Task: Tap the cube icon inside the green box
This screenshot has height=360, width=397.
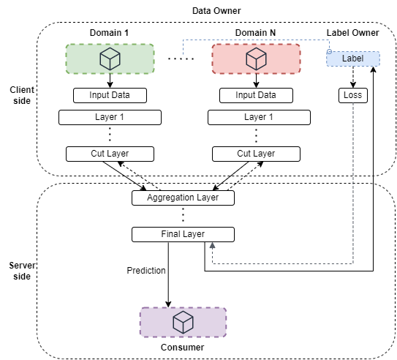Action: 110,59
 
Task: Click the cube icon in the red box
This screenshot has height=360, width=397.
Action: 256,59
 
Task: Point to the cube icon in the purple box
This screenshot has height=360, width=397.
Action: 183,322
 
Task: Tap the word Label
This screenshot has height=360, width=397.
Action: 352,59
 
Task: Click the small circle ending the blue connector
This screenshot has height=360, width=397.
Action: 329,51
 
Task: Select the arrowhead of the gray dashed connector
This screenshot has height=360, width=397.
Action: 213,246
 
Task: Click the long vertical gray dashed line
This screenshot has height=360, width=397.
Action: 353,183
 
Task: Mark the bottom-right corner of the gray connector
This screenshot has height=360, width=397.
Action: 353,263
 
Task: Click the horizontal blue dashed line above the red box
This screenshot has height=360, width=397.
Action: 256,40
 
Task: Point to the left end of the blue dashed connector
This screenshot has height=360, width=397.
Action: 183,54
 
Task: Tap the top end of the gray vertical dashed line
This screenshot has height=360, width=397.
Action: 353,104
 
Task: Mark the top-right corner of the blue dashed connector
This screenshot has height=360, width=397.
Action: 329,40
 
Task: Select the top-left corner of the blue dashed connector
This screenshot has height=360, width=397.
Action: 183,40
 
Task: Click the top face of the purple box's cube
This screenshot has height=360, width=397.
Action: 183,316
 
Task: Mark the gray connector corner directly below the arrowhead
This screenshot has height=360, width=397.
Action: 213,263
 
